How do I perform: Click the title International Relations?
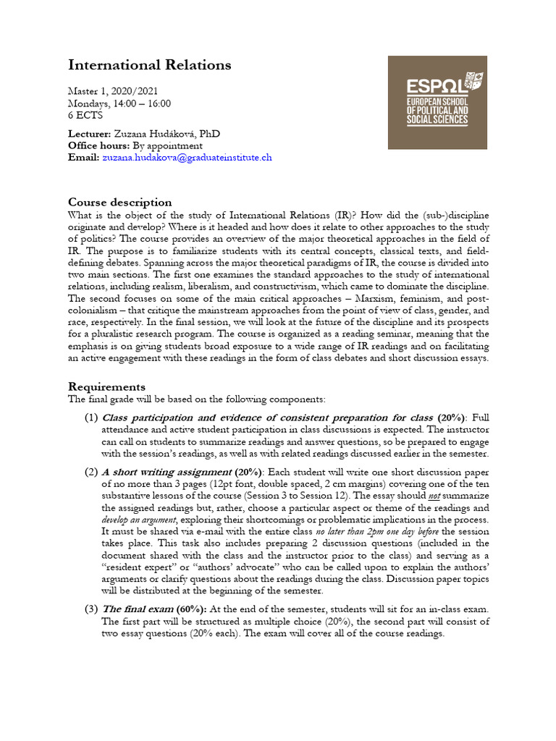coord(149,65)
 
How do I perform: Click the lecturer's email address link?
coord(187,157)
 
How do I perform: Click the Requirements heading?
coord(106,386)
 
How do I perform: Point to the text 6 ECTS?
coord(85,115)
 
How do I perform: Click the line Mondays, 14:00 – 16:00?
coord(119,103)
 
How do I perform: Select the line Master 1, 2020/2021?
coord(112,92)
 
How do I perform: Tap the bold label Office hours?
coord(99,145)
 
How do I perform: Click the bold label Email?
coord(83,157)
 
